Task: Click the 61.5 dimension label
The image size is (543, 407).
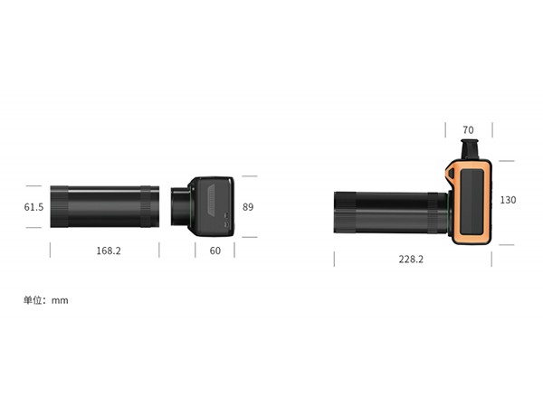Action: click(33, 207)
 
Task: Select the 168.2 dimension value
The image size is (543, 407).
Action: click(109, 251)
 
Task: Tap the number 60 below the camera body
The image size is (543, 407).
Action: click(215, 251)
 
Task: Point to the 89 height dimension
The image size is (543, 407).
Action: click(248, 207)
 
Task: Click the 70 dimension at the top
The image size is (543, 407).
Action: click(468, 130)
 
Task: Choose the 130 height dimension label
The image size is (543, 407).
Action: click(508, 200)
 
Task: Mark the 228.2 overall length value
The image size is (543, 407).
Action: click(411, 260)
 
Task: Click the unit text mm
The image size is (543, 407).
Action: click(60, 301)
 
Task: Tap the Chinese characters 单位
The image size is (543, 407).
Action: click(33, 300)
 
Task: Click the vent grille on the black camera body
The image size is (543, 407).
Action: click(211, 199)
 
